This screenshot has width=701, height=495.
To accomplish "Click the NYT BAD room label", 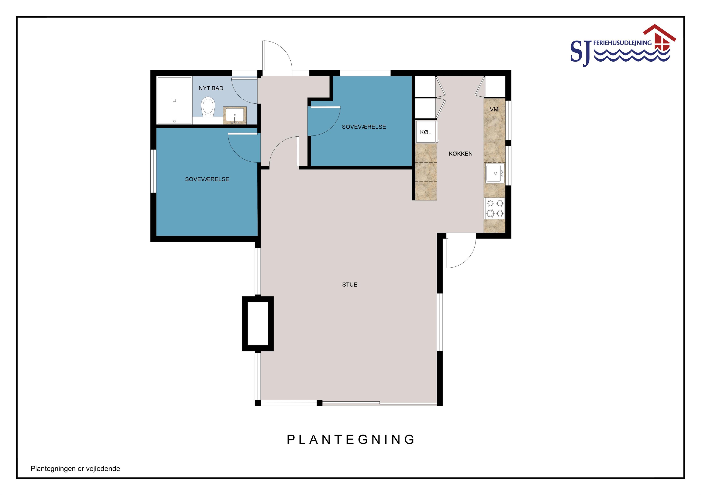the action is (x=211, y=88).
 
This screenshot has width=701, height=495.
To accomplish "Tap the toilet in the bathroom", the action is (x=208, y=107).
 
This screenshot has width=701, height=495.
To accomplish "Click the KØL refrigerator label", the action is (x=426, y=132).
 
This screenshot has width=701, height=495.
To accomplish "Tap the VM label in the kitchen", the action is (x=494, y=109).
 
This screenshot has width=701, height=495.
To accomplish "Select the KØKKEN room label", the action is (x=461, y=154).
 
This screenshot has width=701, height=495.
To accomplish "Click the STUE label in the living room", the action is (x=350, y=285).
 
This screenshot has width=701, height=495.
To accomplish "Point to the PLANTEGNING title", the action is (x=351, y=439).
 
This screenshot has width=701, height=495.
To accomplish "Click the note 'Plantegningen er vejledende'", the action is (x=75, y=469).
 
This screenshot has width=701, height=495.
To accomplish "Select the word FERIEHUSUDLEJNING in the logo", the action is (x=622, y=43).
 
